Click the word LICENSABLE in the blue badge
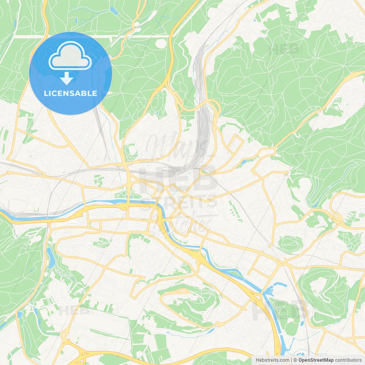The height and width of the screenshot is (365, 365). [x=70, y=94]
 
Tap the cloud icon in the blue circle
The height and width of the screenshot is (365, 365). [x=70, y=56]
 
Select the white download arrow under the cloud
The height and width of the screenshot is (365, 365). [x=66, y=78]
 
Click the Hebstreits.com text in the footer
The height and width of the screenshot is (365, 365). [x=272, y=360]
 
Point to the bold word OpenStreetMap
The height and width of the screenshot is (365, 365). [x=316, y=360]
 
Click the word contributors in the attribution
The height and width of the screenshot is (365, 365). [x=348, y=360]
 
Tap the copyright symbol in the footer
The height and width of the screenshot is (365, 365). [x=295, y=360]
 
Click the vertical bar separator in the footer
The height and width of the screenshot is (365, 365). [x=291, y=360]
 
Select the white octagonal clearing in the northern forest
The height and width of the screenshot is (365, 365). [x=161, y=43]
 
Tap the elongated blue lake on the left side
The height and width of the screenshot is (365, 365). [x=51, y=258]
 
